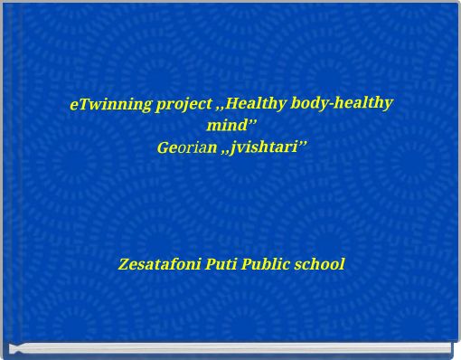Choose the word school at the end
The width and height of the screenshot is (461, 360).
pyautogui.click(x=323, y=265)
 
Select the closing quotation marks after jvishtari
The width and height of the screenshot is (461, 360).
pyautogui.click(x=303, y=142)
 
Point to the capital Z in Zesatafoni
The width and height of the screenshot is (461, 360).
pyautogui.click(x=124, y=265)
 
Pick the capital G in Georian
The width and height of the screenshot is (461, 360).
pyautogui.click(x=163, y=147)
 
